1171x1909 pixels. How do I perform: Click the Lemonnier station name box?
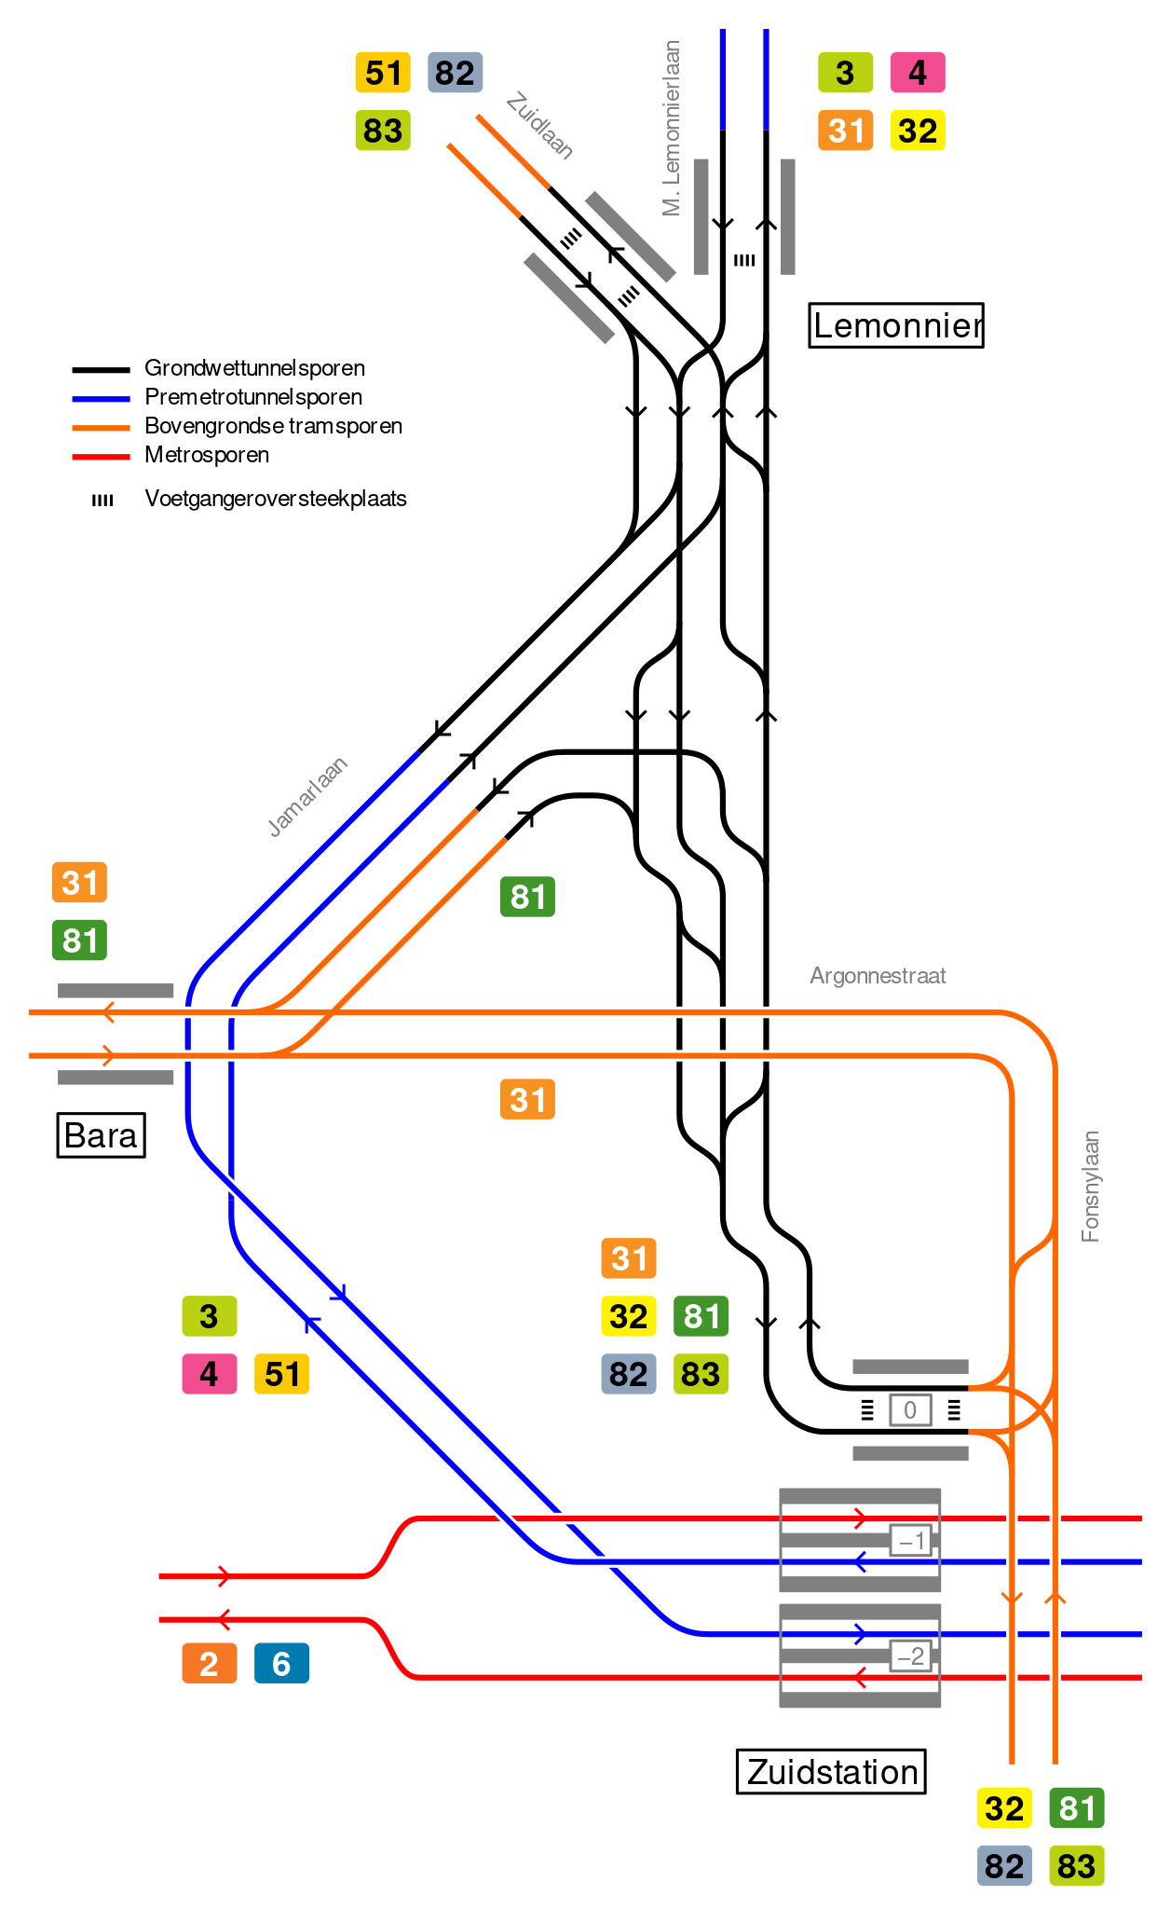coord(896,325)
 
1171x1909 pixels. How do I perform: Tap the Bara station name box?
coord(101,1135)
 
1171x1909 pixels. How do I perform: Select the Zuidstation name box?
coord(831,1771)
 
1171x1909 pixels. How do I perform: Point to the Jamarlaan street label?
coord(307,797)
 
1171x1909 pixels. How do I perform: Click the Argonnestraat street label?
coord(878,976)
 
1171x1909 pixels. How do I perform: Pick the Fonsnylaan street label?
coord(1090,1187)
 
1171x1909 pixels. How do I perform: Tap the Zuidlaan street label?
coord(539,126)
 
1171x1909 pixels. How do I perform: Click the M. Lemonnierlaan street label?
coord(672,129)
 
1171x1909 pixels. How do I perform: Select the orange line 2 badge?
coord(209,1664)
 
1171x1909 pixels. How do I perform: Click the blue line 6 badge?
coord(281,1664)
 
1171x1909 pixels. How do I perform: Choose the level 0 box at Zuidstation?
coord(910,1410)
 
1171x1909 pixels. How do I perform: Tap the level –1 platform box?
coord(911,1541)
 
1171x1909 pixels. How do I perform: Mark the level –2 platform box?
coord(910,1656)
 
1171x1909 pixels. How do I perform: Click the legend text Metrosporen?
coord(207,455)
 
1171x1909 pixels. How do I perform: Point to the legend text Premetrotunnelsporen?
coord(253,397)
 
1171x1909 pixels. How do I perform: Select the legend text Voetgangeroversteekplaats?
coord(276,499)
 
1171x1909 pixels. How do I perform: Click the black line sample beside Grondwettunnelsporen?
coord(101,370)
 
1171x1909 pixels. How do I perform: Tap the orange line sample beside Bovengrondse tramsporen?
coord(101,428)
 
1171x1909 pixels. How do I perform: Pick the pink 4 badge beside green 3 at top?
coord(918,73)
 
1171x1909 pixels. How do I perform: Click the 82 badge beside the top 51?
coord(455,73)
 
